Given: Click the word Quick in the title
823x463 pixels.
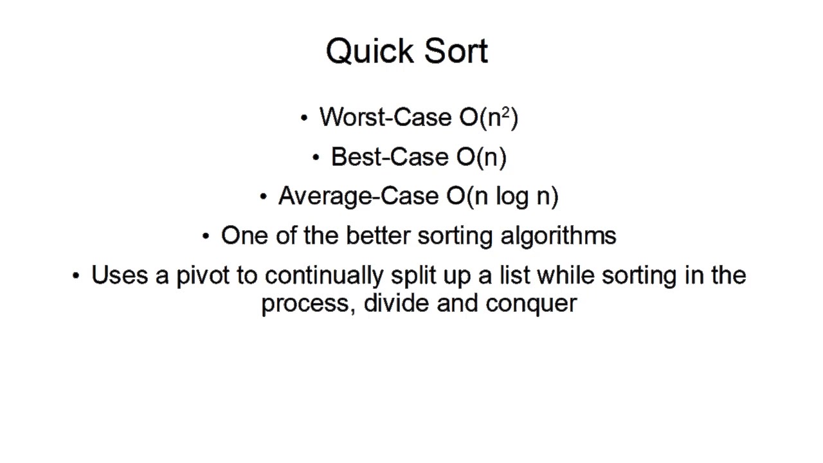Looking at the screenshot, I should pos(365,51).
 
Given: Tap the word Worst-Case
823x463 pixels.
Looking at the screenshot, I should pos(386,117).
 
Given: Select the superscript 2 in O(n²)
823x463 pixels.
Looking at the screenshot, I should pos(505,113).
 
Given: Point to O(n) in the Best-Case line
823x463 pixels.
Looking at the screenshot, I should pos(482,157).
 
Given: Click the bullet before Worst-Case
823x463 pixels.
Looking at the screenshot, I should pos(303,118).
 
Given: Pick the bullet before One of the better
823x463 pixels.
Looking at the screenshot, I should pos(205,237).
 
